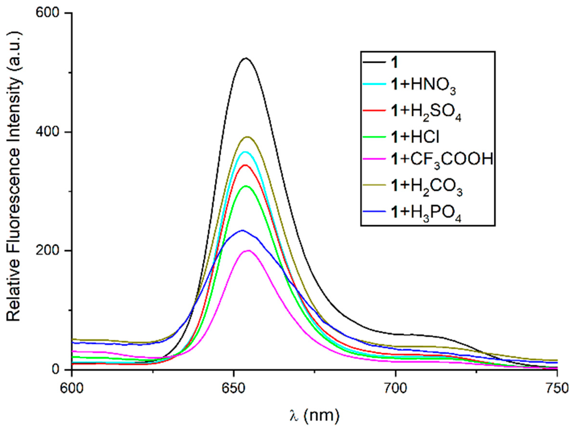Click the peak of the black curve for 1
[246, 58]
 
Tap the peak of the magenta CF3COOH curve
[248, 250]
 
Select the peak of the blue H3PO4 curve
[242, 230]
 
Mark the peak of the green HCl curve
[246, 186]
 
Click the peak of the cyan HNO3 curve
[245, 152]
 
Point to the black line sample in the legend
[374, 62]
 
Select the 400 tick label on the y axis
[50, 132]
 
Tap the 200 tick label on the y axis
[50, 251]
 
